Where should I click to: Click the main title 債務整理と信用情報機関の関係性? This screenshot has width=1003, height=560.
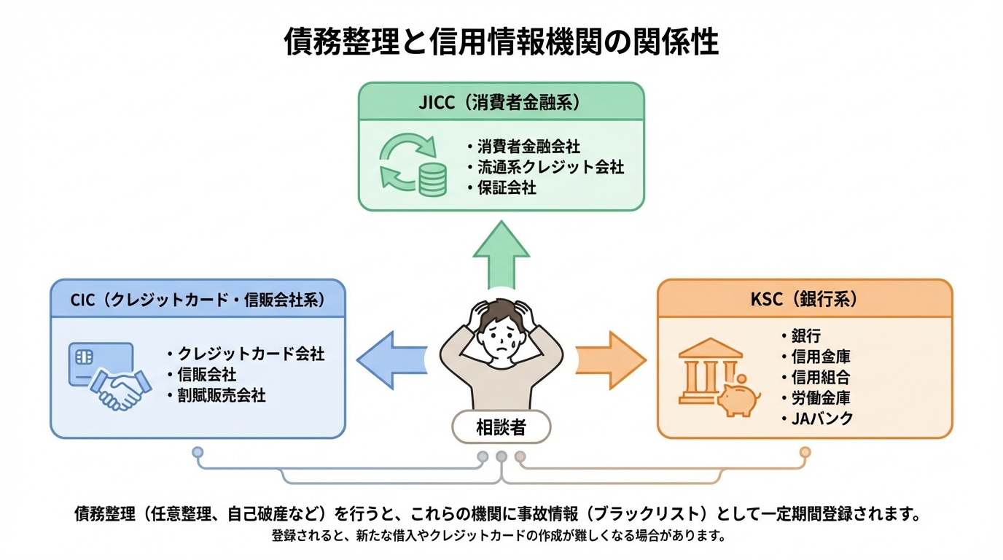501,42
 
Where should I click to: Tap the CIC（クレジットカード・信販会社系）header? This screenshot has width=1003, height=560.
198,300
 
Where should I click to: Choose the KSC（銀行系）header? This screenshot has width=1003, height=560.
804,300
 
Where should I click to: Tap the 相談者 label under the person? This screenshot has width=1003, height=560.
501,428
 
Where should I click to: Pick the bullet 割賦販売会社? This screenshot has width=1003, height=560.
221,396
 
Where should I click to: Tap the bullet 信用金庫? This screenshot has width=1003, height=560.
820,357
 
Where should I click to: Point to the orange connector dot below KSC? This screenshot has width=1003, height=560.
805,452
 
